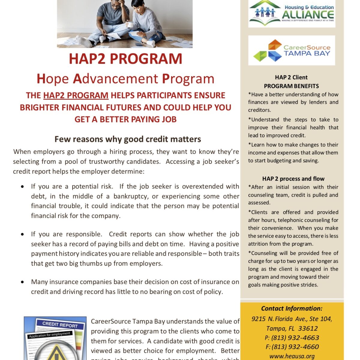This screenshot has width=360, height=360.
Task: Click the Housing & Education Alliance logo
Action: [x=292, y=13]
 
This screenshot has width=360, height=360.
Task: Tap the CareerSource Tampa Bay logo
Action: [x=292, y=50]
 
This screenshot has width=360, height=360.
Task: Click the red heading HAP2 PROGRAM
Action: [x=125, y=58]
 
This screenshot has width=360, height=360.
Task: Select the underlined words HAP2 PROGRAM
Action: [x=76, y=95]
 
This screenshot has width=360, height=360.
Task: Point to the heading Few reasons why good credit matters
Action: [x=128, y=139]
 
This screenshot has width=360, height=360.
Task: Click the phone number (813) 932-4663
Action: [x=295, y=338]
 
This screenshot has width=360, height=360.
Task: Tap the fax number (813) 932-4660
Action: [x=295, y=347]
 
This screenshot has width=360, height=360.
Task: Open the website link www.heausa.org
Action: [x=292, y=356]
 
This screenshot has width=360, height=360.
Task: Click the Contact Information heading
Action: [x=292, y=308]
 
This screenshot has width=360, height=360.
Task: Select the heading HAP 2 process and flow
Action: [x=293, y=179]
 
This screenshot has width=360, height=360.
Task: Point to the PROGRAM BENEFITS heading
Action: [x=291, y=86]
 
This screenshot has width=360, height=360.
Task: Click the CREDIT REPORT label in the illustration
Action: [x=60, y=324]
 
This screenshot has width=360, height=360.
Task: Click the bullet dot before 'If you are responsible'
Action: [x=22, y=234]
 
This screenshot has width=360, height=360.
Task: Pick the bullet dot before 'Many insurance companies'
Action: [x=22, y=282]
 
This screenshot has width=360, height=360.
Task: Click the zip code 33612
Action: [x=308, y=328]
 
